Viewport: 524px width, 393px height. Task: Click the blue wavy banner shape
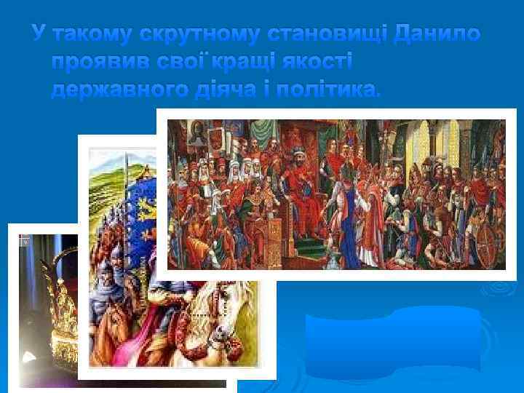point(393,342)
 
